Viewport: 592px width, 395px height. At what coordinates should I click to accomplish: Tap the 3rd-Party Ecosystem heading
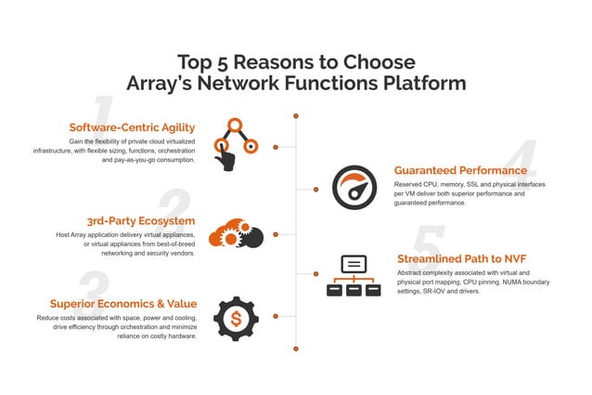pos(140,221)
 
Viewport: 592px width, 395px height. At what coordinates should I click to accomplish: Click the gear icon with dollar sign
pos(237,320)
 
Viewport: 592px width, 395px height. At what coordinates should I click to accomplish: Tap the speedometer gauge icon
pos(354,188)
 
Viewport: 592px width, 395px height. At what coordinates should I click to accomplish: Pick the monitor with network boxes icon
pos(354,274)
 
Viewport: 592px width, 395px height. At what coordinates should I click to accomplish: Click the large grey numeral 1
pos(104,113)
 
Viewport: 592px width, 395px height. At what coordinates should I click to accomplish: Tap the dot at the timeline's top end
pos(296,117)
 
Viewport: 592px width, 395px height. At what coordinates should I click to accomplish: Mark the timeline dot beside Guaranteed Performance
pos(315,189)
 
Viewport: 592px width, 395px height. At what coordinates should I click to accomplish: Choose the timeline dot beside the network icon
pos(315,274)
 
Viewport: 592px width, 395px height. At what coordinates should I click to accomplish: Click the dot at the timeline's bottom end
pos(296,349)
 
